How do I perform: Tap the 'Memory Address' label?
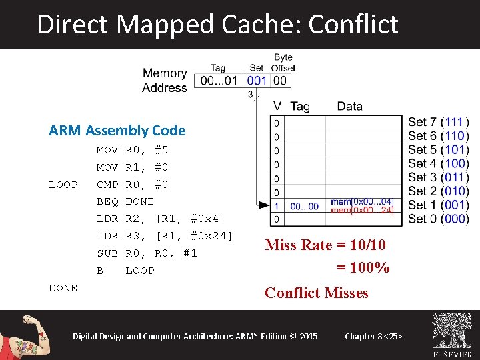point(165,81)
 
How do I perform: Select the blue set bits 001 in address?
point(257,81)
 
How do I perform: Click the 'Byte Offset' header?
point(283,63)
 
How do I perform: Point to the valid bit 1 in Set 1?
point(277,205)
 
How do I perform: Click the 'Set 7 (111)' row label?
point(438,122)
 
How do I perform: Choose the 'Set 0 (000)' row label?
point(438,219)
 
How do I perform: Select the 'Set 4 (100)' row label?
point(438,163)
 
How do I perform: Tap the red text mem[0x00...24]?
point(362,211)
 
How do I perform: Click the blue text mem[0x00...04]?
point(362,202)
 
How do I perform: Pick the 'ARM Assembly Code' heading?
point(117,131)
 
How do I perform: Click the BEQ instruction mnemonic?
point(107,201)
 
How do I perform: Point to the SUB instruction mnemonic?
point(107,253)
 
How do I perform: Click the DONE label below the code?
point(63,288)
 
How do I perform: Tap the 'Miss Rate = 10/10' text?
point(325,245)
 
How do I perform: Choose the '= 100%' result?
point(363,268)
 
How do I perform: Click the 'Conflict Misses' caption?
point(316,293)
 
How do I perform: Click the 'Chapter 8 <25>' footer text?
point(373,336)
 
